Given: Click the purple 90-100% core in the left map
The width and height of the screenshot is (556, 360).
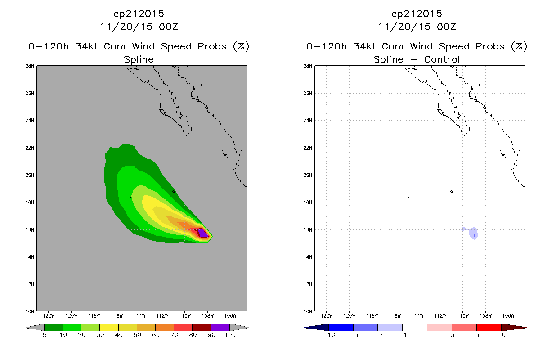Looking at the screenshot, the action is [203, 234].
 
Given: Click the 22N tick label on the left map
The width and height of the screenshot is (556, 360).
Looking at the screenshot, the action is [30, 148].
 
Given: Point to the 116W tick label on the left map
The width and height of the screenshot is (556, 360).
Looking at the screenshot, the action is [117, 316].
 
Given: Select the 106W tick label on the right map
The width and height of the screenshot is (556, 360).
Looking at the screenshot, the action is [508, 316].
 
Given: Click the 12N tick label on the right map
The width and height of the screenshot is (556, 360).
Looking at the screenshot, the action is [308, 284].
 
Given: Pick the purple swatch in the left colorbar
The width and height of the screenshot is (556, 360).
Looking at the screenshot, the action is [220, 327].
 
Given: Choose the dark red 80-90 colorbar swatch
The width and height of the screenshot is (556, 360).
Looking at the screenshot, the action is [202, 327].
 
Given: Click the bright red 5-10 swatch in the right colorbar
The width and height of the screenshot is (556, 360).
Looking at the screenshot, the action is [489, 327].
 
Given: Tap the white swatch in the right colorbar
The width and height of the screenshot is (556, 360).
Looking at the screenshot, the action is [415, 327].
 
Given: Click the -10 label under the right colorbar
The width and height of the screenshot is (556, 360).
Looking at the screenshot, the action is [329, 335].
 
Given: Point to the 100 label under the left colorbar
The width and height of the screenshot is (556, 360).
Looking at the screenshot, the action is [230, 335].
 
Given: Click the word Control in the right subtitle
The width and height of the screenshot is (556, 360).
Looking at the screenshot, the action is [442, 59].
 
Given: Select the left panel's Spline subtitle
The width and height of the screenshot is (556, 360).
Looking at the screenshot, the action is [139, 60].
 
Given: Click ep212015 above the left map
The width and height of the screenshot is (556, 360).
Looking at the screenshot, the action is [139, 13].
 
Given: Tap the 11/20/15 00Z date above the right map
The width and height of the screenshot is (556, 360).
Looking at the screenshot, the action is [417, 27].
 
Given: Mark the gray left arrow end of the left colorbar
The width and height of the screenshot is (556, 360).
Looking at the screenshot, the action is [35, 327].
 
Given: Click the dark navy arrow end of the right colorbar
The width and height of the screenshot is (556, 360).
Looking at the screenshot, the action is [317, 327].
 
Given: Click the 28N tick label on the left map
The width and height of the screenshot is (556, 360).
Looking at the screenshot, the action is [30, 66].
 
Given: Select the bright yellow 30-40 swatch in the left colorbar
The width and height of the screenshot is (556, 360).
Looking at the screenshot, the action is [109, 327].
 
